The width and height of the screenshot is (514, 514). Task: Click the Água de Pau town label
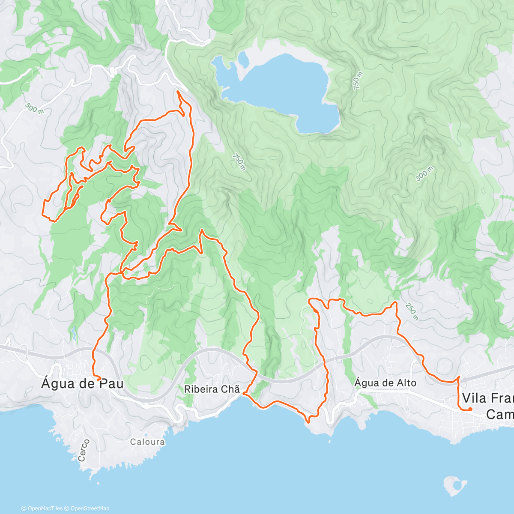pyautogui.click(x=82, y=383)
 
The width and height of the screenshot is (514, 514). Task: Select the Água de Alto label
pyautogui.click(x=385, y=383)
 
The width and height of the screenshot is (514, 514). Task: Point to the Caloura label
pyautogui.click(x=147, y=442)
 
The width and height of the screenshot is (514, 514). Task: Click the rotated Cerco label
pyautogui.click(x=84, y=450)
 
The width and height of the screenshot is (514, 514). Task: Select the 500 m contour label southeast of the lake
pyautogui.click(x=424, y=173)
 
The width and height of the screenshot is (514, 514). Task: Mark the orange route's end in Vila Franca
pyautogui.click(x=470, y=409)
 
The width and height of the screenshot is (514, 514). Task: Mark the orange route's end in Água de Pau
pyautogui.click(x=99, y=379)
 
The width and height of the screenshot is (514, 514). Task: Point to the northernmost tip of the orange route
pyautogui.click(x=178, y=91)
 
